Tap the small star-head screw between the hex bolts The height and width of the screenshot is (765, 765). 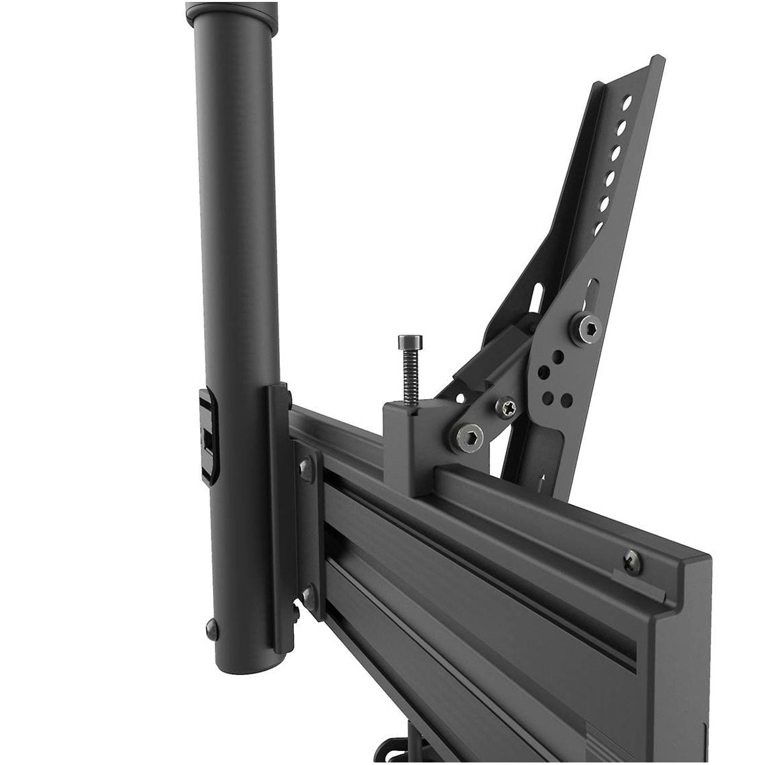507,406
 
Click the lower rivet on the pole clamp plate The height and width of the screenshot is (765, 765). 308,594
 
